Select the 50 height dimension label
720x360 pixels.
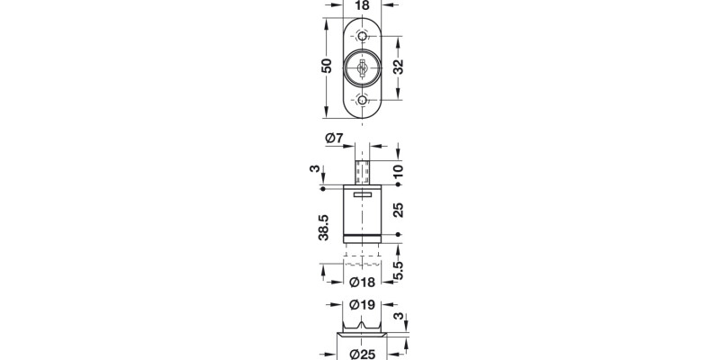pos(327,66)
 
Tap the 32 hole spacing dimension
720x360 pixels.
pos(398,67)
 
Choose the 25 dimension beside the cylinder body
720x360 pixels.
pos(398,211)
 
